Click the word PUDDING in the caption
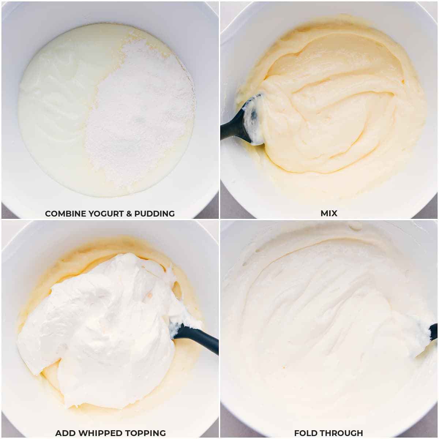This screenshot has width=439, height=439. pos(154,214)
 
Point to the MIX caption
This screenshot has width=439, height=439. pos(329,213)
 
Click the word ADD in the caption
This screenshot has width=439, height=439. pos(63,433)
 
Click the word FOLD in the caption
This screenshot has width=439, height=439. pos(305,433)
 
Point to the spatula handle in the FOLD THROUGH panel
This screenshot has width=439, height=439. pos(434,331)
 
